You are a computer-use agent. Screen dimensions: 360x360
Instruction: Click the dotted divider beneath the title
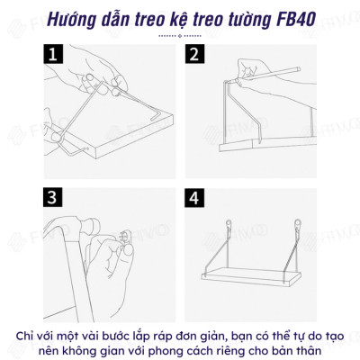(179, 36)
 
